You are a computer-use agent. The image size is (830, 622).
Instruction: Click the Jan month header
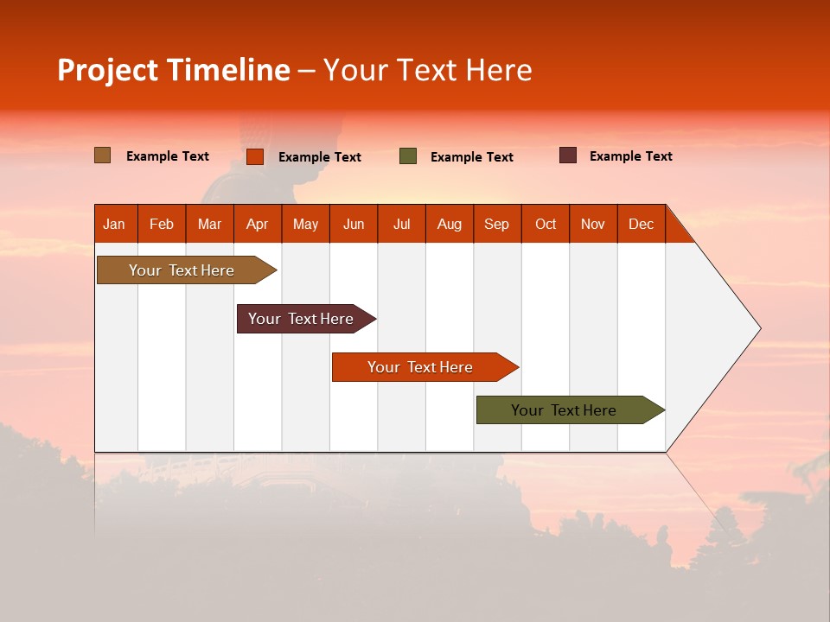point(115,224)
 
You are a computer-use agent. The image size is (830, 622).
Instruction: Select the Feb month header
point(162,224)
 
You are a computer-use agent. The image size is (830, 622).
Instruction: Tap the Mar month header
point(209,224)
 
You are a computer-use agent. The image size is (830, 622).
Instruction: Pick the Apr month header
point(258,224)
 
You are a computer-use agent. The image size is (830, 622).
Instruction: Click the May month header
point(305,224)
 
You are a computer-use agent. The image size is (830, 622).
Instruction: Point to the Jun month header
point(354,224)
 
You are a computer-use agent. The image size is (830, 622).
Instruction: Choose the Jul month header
point(401,224)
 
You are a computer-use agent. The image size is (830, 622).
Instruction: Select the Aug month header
point(450,224)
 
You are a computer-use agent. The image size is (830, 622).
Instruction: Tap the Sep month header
point(497,224)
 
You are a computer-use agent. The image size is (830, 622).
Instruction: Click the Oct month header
point(546,224)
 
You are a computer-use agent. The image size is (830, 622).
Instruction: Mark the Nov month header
point(593,224)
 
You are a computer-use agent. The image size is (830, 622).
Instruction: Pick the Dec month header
point(642,224)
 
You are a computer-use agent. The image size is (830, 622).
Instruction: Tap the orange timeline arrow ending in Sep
point(421,367)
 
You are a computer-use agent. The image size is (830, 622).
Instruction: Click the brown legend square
point(103,155)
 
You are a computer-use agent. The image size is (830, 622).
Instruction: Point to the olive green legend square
point(408,155)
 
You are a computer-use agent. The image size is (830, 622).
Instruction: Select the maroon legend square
point(568,155)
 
